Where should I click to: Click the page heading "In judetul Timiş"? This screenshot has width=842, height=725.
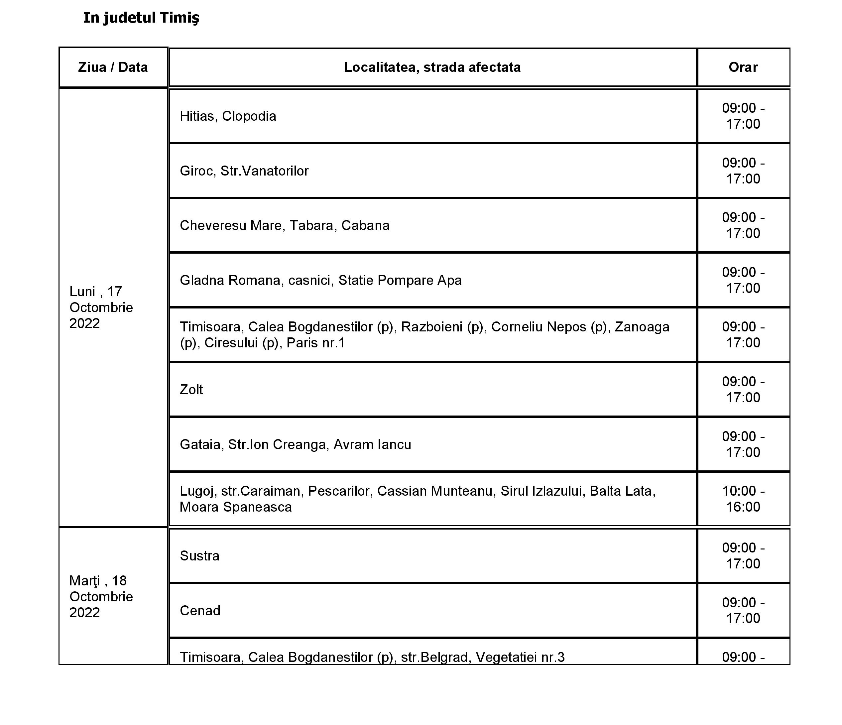(x=141, y=18)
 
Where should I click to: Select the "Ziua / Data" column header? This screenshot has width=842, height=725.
(x=113, y=67)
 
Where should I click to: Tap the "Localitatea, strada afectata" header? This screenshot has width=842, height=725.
(x=432, y=67)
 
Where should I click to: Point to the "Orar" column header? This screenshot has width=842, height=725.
(x=743, y=67)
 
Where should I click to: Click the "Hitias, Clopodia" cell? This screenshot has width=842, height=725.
(x=228, y=116)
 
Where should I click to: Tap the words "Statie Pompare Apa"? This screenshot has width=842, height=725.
(x=400, y=281)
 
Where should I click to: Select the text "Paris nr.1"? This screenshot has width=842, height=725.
(x=316, y=343)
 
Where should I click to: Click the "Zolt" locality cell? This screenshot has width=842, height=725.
(x=191, y=390)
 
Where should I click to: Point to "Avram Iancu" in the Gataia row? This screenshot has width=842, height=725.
(x=372, y=444)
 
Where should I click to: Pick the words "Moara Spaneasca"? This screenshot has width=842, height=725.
(x=236, y=507)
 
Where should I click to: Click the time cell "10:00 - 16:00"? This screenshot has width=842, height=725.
(x=743, y=499)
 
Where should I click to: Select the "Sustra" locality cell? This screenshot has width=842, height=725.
(x=199, y=556)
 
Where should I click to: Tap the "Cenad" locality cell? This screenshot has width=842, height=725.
(x=200, y=611)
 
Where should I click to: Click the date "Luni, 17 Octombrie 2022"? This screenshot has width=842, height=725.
(x=101, y=307)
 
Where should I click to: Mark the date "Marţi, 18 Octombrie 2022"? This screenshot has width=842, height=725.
(x=101, y=597)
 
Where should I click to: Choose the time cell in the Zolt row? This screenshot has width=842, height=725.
(x=743, y=390)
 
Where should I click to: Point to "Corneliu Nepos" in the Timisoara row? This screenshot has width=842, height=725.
(x=539, y=327)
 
